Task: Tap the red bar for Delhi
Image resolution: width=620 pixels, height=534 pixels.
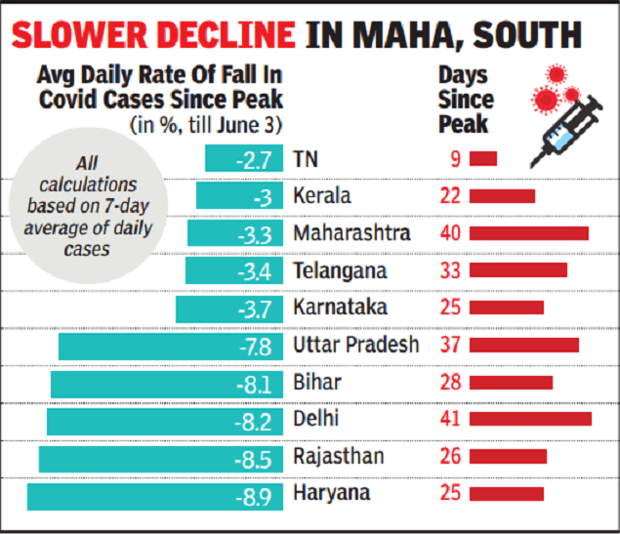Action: (530, 420)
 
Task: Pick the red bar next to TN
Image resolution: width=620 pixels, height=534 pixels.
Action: (482, 159)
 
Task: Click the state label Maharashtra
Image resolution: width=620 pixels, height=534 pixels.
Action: (351, 234)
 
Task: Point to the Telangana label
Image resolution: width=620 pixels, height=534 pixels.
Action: (339, 271)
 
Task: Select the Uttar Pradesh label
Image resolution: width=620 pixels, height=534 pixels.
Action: (355, 346)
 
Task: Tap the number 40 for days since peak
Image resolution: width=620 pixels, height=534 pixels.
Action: (449, 234)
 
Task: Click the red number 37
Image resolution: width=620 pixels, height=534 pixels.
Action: (449, 346)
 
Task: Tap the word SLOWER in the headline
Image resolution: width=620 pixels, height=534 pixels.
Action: (89, 37)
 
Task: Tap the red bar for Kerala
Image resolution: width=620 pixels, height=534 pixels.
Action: (502, 196)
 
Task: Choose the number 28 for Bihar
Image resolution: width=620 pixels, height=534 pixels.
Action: (449, 383)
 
